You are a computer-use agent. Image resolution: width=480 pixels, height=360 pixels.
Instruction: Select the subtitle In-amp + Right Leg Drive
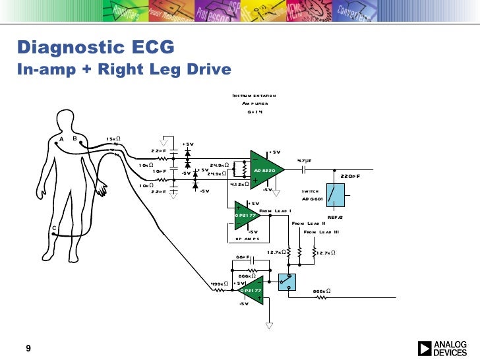click(125, 69)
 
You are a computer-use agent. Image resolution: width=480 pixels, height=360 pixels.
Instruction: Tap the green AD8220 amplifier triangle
click(265, 170)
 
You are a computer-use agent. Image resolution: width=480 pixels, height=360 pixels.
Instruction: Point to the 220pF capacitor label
click(350, 177)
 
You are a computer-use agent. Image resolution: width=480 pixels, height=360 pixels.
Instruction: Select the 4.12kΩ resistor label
click(238, 185)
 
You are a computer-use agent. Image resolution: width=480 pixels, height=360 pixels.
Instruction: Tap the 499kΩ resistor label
click(220, 284)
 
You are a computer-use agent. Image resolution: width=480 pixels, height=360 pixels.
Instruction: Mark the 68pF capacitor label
click(242, 256)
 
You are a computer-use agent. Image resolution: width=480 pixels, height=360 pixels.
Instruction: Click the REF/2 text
click(336, 218)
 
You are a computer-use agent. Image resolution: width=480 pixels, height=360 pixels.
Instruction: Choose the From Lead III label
click(321, 232)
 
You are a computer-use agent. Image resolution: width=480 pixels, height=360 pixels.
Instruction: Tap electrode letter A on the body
click(61, 138)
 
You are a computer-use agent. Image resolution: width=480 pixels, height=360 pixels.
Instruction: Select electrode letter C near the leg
click(54, 228)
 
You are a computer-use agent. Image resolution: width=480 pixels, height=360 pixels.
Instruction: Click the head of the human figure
click(65, 119)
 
